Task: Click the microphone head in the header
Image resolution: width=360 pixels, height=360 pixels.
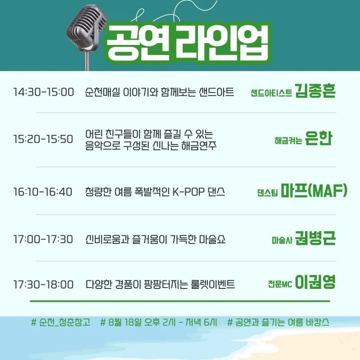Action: (x=86, y=27)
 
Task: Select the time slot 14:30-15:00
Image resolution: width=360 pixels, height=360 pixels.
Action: (x=44, y=92)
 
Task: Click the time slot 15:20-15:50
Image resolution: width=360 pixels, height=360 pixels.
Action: (x=43, y=139)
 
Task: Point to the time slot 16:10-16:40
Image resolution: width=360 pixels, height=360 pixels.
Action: (x=43, y=192)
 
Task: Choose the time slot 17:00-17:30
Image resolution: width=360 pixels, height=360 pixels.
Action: (x=43, y=239)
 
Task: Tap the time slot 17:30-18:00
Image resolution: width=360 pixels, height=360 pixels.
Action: (x=43, y=284)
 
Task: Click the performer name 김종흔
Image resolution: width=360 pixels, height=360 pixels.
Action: (x=315, y=91)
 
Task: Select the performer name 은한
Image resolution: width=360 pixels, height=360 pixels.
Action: (x=319, y=138)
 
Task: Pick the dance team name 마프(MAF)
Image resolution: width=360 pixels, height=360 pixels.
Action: (x=314, y=190)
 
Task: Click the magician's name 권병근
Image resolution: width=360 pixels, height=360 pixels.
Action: (x=315, y=238)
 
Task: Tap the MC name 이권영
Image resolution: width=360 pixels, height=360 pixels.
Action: (x=315, y=282)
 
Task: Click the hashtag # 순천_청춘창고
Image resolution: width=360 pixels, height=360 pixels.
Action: (x=61, y=322)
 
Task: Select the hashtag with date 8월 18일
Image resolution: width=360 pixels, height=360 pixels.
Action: (x=159, y=322)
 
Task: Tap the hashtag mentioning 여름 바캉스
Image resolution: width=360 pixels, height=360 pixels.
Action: (x=278, y=322)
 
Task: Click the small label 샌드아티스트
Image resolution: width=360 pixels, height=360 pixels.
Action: (x=271, y=93)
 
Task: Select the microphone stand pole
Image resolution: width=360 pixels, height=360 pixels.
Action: (x=87, y=61)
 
